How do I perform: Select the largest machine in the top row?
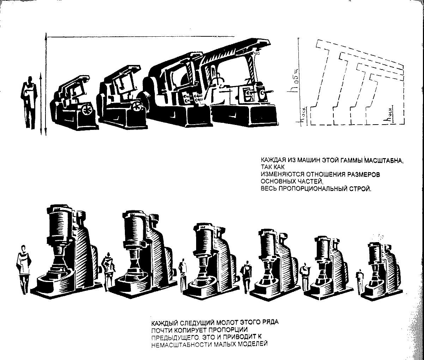[x=242, y=84]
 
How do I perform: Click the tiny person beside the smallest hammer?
[x=360, y=281]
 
